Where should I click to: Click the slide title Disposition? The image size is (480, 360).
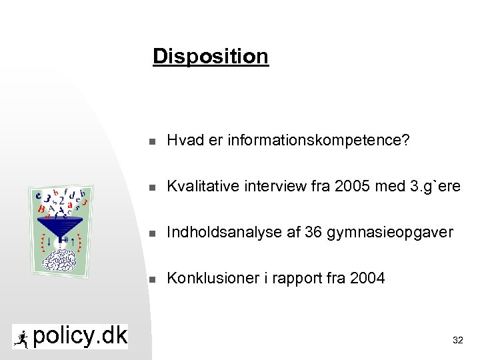coord(210,56)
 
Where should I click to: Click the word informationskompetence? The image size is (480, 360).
coord(319,141)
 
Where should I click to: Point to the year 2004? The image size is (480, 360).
coord(367,279)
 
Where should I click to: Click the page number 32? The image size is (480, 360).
coord(457,340)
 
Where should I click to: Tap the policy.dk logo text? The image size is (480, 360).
coord(79,337)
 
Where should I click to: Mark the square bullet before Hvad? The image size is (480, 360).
coord(152,141)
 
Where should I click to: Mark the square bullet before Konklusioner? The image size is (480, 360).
coord(152,279)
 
